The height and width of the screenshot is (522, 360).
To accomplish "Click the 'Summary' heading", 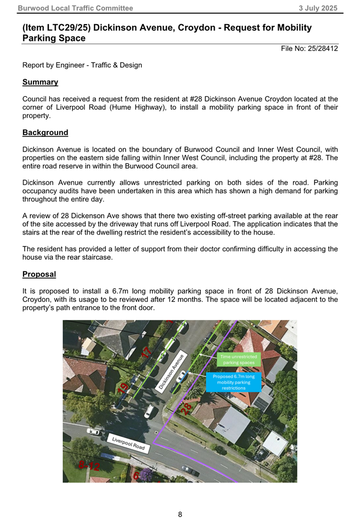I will [x=40, y=82].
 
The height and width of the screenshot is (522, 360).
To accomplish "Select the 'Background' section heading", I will [x=45, y=133].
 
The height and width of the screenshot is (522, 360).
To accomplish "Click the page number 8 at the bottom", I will [x=180, y=514].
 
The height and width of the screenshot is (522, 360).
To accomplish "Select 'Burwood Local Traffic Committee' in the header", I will [x=75, y=8].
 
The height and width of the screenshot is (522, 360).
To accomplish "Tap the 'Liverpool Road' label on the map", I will [x=128, y=444].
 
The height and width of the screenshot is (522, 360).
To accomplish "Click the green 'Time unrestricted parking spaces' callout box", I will [x=238, y=360].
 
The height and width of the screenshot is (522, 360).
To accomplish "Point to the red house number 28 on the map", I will [x=187, y=409].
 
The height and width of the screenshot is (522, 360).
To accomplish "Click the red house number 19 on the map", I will [x=124, y=387].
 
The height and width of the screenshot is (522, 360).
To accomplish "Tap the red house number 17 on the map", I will [x=147, y=352].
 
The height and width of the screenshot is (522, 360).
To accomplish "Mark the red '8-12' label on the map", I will [x=89, y=466].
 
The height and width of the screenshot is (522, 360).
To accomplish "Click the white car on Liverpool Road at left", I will [x=94, y=431].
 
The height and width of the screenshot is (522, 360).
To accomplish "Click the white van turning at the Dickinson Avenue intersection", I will [x=149, y=411].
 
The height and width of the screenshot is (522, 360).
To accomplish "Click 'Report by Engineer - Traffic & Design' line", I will [x=82, y=65].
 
